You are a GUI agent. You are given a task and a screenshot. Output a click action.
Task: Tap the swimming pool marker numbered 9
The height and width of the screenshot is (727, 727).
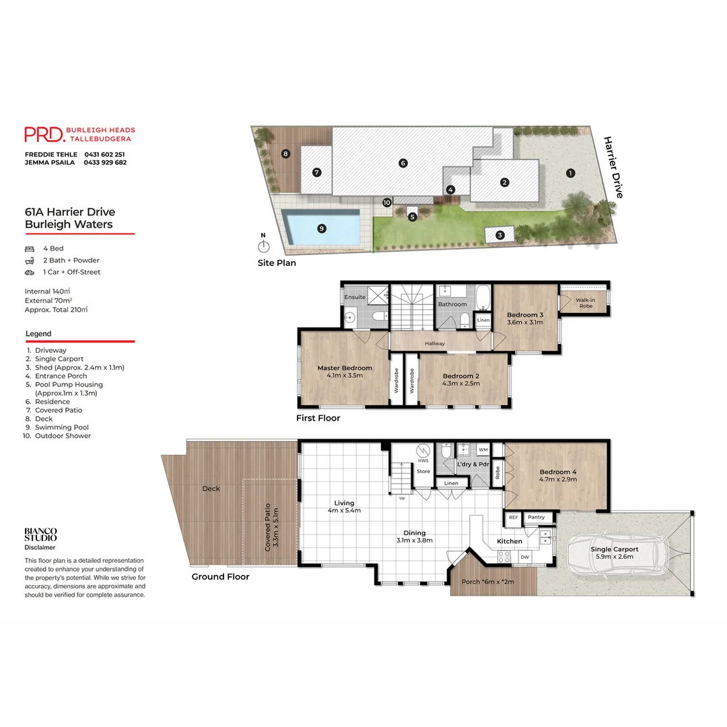(x=322, y=228)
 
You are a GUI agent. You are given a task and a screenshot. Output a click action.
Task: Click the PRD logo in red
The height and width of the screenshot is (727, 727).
(x=44, y=134)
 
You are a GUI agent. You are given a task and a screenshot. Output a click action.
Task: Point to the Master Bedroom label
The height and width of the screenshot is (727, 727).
(x=345, y=368)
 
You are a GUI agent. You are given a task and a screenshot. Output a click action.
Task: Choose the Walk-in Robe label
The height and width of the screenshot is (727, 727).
(x=584, y=303)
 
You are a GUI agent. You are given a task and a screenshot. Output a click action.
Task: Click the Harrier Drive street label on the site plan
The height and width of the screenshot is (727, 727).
(x=613, y=168)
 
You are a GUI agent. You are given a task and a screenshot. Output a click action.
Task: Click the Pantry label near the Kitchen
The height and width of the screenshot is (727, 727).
(x=536, y=517)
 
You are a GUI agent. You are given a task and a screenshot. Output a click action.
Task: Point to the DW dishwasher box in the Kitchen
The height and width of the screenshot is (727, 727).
(x=525, y=557)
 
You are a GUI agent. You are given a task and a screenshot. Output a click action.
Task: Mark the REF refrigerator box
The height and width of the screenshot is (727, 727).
(x=514, y=517)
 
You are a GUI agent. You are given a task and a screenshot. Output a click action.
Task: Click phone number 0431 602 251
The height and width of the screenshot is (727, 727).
(x=104, y=154)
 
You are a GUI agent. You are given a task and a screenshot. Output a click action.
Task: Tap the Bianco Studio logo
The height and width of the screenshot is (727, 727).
(x=40, y=534)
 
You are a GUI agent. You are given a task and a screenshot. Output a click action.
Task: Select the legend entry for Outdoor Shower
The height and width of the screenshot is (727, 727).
(x=63, y=436)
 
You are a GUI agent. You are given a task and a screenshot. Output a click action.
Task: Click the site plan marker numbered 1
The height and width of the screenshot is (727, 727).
(x=570, y=173)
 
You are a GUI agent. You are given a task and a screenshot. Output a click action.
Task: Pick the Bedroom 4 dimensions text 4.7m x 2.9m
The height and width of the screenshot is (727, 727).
(x=558, y=481)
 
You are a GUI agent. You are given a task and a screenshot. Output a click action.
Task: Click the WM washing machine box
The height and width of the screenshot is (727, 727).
(x=483, y=449)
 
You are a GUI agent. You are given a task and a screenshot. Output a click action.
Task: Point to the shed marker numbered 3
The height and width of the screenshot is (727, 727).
(x=500, y=235)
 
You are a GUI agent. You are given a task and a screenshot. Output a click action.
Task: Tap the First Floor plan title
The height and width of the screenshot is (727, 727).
(x=318, y=418)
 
